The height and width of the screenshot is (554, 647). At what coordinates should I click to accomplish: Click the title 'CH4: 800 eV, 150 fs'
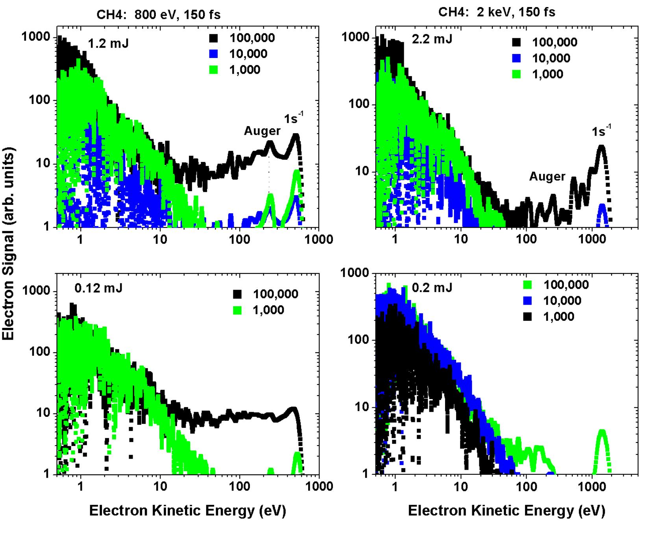158,15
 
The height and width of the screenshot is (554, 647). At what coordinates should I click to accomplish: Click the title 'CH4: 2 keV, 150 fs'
497,12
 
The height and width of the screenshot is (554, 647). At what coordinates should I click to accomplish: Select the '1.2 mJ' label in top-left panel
108,43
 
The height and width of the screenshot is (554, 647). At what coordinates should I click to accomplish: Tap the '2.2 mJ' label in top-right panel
432,39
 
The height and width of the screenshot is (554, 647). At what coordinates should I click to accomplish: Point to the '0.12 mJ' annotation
98,288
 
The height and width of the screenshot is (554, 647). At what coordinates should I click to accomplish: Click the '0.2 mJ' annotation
432,288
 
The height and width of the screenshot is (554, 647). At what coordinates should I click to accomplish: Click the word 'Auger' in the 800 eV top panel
262,131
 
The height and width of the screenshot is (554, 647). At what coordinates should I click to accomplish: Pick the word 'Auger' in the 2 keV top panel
547,177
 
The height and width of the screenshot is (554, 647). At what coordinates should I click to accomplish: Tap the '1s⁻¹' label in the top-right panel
601,131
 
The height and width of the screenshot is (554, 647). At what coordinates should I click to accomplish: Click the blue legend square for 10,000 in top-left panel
214,54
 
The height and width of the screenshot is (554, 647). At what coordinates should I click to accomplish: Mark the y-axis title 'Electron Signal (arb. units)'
9,243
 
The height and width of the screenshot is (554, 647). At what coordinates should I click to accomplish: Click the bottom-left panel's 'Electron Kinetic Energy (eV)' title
187,511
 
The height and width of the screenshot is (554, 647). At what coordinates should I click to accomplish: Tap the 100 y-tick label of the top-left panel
39,100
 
